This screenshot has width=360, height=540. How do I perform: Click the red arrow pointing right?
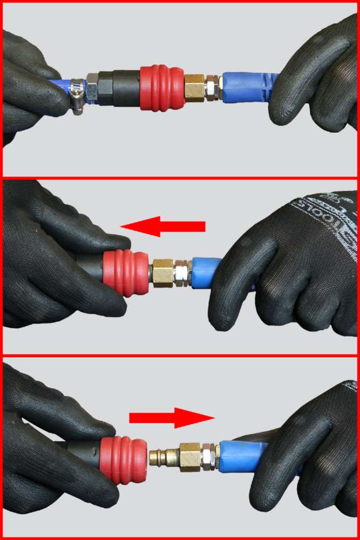172,417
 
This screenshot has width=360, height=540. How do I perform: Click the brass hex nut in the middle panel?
164,273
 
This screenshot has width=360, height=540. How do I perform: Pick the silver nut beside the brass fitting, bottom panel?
209,457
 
